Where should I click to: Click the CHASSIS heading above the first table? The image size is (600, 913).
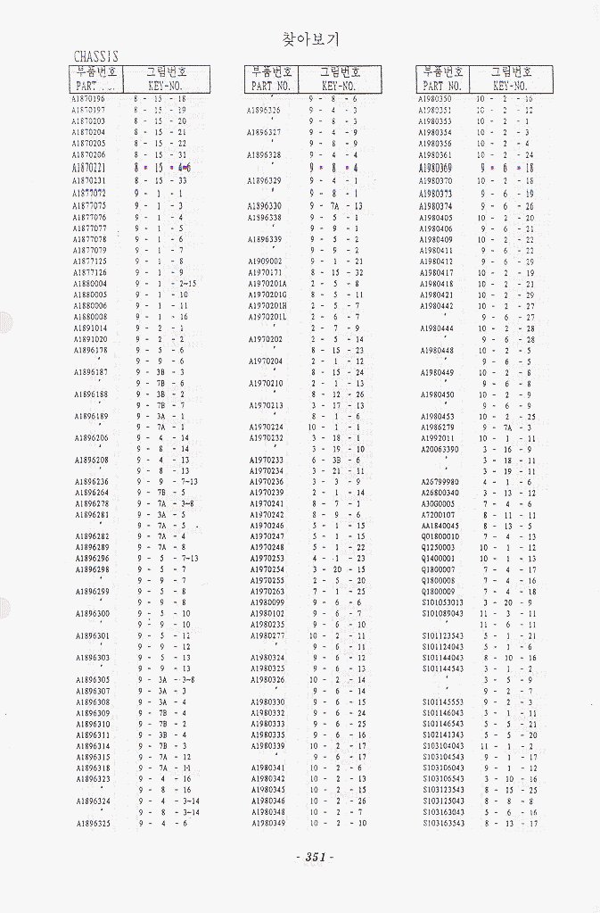(95, 56)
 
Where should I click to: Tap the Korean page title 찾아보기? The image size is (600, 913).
(311, 39)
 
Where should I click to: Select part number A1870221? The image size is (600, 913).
(89, 168)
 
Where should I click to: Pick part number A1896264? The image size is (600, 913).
(92, 493)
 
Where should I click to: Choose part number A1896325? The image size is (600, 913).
(93, 823)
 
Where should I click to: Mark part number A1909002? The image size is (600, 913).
(265, 261)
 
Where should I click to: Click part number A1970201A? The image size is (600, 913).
(267, 284)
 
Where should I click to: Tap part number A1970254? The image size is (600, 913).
(267, 569)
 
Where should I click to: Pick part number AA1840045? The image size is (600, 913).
(439, 526)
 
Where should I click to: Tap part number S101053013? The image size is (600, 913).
(442, 602)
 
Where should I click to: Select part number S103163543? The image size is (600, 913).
(443, 823)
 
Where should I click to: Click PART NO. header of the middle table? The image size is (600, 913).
(268, 87)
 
